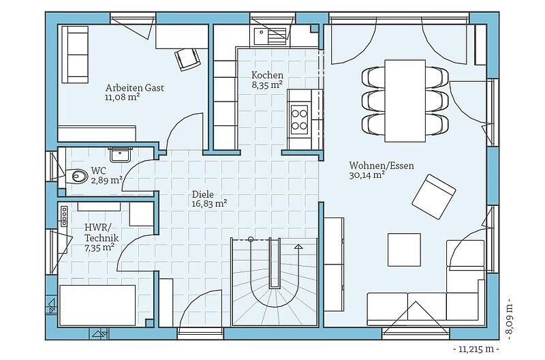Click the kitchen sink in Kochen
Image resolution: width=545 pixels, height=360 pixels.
270,37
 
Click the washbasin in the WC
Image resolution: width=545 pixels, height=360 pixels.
121,154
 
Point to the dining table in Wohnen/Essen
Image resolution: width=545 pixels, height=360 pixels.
405,101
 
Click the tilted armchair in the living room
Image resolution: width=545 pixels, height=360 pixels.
433,196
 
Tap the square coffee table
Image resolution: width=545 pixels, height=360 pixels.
404,250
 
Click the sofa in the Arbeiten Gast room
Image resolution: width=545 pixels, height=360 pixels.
75,55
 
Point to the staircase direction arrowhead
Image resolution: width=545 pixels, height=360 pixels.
298,247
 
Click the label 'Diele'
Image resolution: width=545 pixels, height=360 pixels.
202,194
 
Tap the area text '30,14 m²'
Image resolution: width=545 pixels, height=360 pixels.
367,175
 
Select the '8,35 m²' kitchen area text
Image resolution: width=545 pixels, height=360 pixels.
266,85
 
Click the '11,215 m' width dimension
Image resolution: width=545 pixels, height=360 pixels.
476,348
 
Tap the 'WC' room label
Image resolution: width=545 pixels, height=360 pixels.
99,170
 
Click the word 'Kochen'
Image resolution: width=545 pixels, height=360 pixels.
267,75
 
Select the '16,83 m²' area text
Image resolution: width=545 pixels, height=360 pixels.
209,203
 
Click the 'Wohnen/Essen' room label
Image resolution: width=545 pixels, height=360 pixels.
381,165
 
